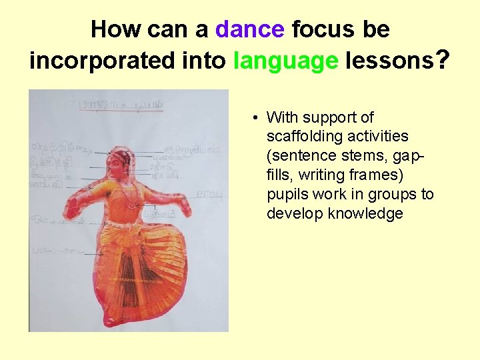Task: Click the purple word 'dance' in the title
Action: tap(250, 29)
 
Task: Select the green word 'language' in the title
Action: tap(286, 61)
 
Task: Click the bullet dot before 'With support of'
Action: tap(255, 118)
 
